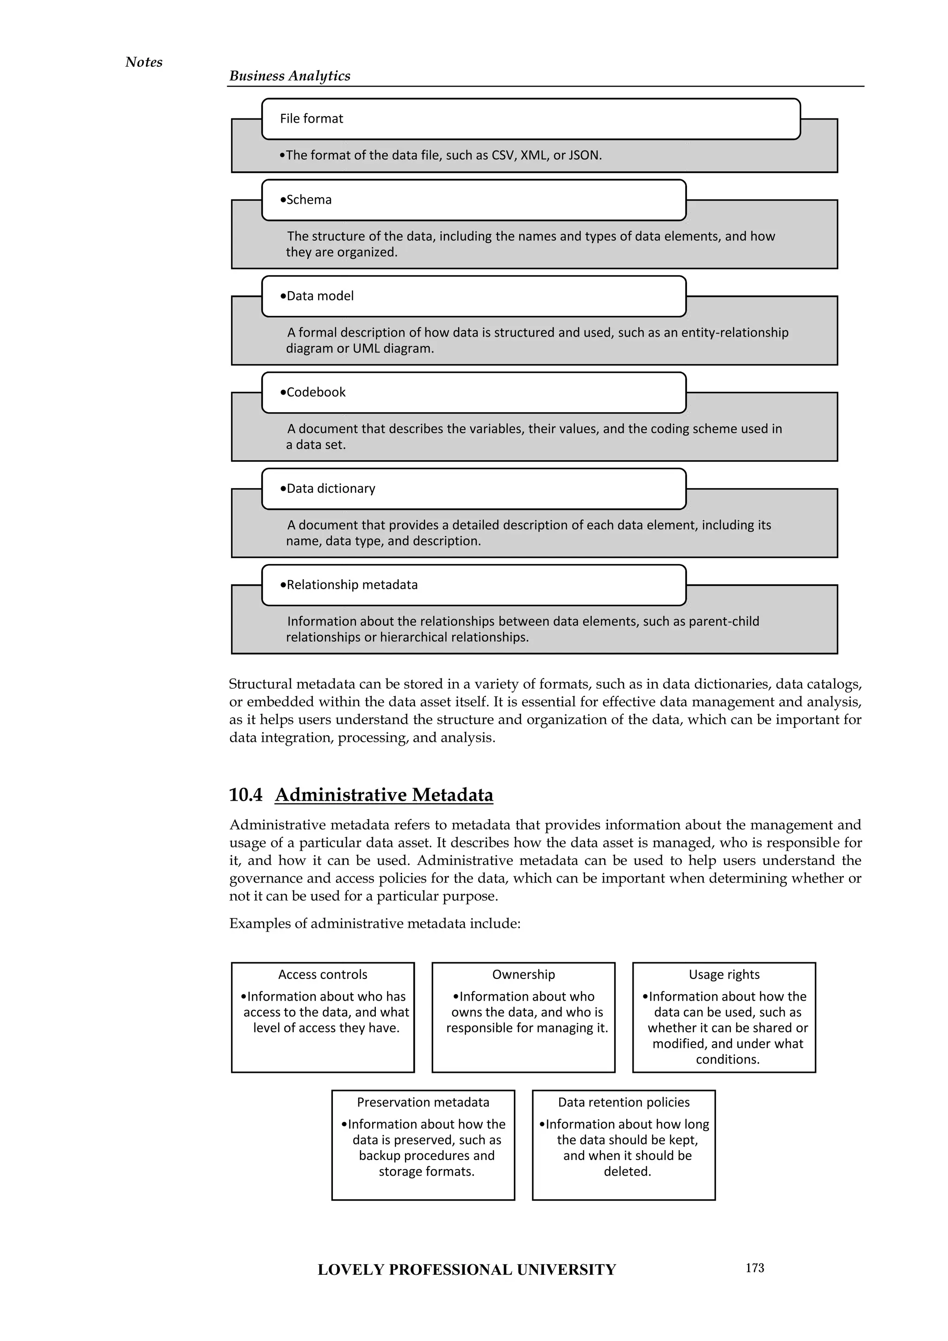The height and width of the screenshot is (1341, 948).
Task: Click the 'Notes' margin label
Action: click(x=143, y=62)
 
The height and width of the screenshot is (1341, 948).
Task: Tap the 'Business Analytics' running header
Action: click(x=289, y=76)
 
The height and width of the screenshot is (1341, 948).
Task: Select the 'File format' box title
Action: click(x=311, y=119)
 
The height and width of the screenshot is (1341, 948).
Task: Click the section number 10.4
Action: click(x=246, y=795)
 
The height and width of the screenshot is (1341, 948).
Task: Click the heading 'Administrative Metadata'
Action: click(x=384, y=795)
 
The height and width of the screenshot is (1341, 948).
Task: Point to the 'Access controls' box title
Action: click(x=323, y=975)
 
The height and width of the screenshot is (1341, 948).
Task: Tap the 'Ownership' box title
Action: click(x=524, y=975)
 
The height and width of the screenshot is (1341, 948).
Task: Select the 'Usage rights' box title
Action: click(x=724, y=975)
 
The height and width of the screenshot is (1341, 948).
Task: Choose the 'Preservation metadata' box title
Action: click(x=423, y=1103)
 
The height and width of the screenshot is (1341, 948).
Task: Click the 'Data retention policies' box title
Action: click(x=624, y=1103)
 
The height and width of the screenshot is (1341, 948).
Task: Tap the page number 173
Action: click(x=755, y=1268)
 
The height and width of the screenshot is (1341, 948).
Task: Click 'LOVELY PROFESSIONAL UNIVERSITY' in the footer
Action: click(x=467, y=1270)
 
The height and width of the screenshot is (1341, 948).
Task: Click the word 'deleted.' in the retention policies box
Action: click(x=627, y=1172)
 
